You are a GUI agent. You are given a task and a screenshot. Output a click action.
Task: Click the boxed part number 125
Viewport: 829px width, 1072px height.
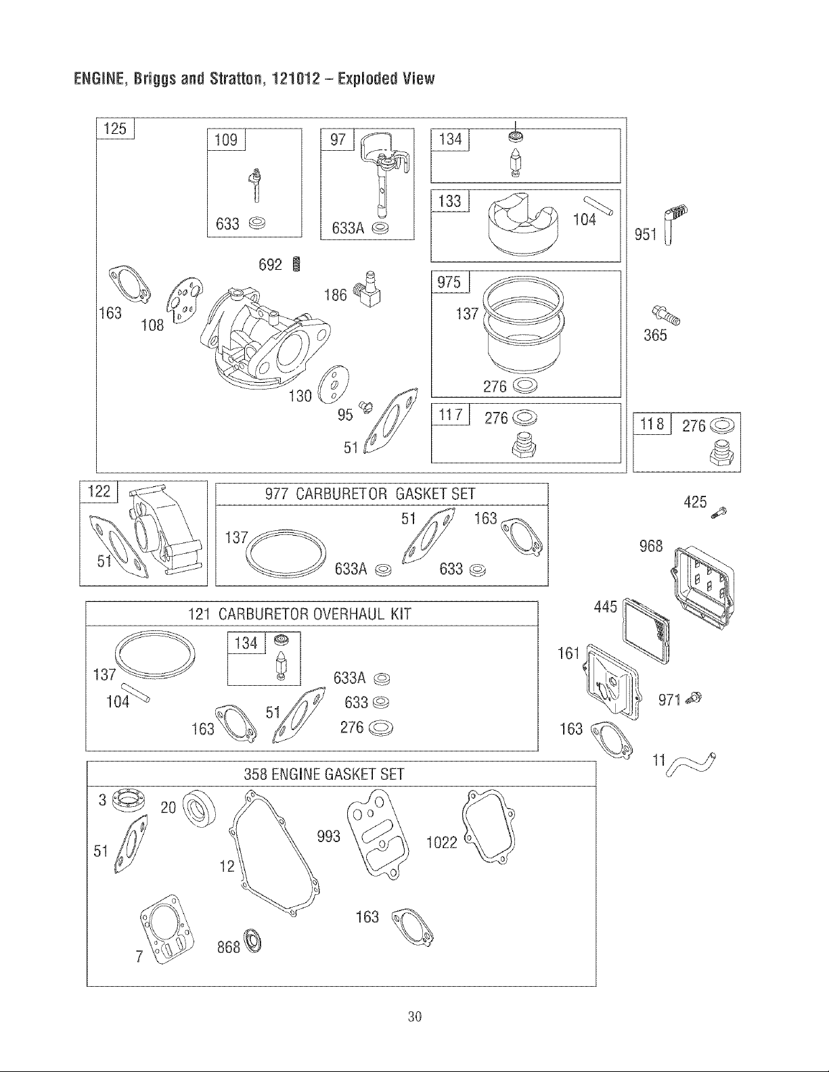116,129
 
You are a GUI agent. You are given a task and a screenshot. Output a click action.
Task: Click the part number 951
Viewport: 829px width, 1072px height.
646,234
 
